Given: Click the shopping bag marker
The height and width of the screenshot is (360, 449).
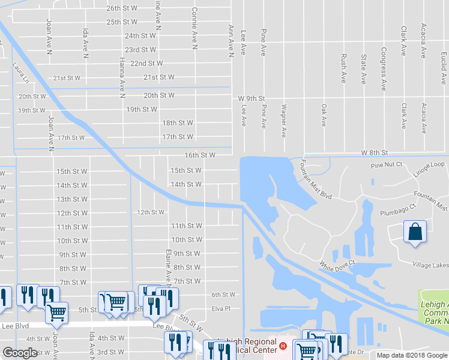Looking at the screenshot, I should (415, 231).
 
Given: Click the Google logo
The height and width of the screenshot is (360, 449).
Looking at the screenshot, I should (20, 353).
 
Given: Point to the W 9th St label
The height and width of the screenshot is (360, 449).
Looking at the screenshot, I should (252, 98).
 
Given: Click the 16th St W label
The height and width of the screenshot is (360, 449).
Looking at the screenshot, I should (200, 155).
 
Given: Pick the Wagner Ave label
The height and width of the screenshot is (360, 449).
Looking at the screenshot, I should (283, 121).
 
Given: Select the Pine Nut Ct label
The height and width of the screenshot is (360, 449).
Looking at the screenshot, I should (385, 165).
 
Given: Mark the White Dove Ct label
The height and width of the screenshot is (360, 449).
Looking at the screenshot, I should (337, 263).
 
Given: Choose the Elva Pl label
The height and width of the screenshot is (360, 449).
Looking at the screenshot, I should (220, 310).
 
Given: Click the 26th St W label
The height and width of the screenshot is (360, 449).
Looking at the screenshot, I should (122, 8).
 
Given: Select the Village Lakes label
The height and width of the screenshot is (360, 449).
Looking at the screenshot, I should (430, 265).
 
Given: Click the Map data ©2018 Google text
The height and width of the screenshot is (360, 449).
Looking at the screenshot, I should (412, 355).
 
